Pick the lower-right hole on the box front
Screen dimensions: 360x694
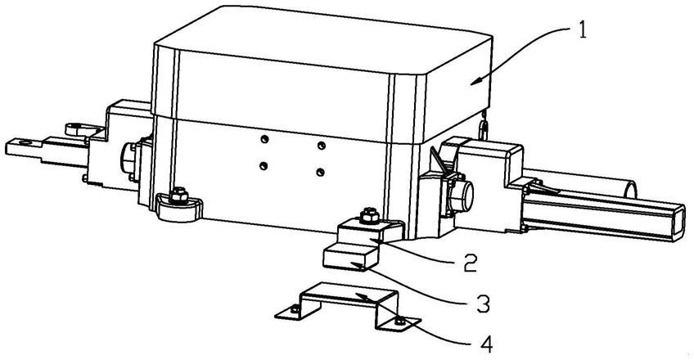(x=320, y=172)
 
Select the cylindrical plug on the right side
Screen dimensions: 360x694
(x=462, y=196)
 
